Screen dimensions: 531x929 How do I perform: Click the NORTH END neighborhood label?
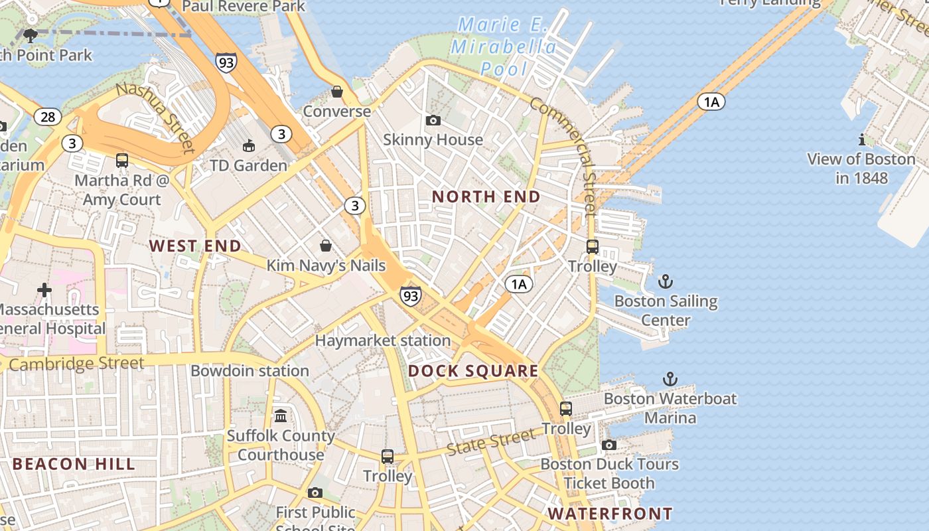tap(486, 196)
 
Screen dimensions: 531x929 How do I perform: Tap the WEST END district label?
tap(195, 246)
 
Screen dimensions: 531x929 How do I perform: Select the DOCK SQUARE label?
tap(473, 371)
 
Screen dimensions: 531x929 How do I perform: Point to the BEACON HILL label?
tap(74, 464)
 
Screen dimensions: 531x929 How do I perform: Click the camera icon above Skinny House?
tap(433, 120)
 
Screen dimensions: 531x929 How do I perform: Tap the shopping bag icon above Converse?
tap(337, 92)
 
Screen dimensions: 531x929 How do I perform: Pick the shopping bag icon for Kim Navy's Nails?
tap(326, 246)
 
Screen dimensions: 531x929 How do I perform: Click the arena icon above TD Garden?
tap(249, 145)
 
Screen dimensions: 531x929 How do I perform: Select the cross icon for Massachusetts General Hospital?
tap(44, 290)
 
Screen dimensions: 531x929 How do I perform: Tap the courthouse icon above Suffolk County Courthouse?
tap(281, 416)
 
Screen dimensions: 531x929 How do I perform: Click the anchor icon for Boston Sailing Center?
tap(666, 282)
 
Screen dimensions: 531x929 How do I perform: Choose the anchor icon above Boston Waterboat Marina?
tap(671, 380)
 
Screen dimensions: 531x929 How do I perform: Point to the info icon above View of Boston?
tap(861, 139)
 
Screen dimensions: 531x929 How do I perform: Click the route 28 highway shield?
tap(48, 117)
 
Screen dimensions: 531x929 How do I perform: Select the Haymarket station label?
tap(383, 341)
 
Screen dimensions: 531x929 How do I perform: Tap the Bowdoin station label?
tap(250, 370)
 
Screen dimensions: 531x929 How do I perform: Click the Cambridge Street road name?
tap(76, 364)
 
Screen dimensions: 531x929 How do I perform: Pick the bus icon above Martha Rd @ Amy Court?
tap(122, 161)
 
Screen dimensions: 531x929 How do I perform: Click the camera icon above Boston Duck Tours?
tap(609, 445)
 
